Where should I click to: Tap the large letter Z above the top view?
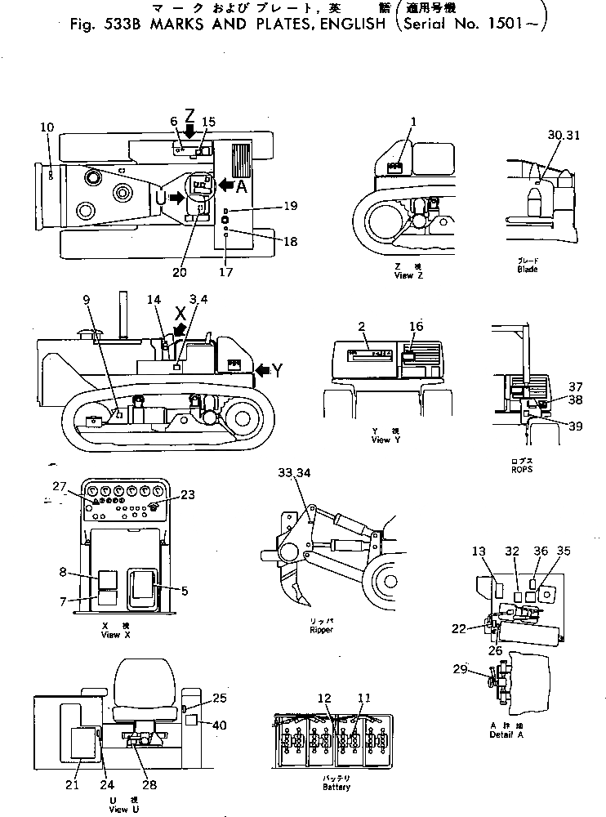[x=189, y=114]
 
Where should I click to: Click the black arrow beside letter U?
[x=176, y=197]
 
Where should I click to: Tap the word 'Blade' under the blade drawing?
[x=527, y=269]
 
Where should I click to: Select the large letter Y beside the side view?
[x=277, y=370]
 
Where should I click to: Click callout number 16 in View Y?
[x=417, y=326]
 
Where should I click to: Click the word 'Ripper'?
[x=321, y=630]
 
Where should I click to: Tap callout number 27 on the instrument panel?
[x=59, y=486]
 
